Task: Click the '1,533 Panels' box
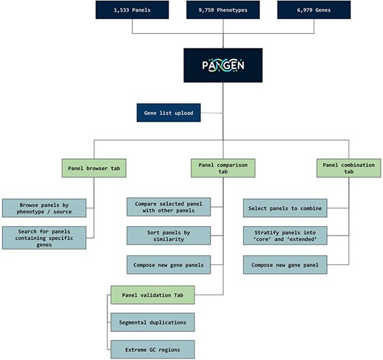pos(132,10)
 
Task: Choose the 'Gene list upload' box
pos(169,113)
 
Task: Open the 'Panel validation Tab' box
pos(152,296)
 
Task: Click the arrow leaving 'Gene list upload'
pos(211,113)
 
